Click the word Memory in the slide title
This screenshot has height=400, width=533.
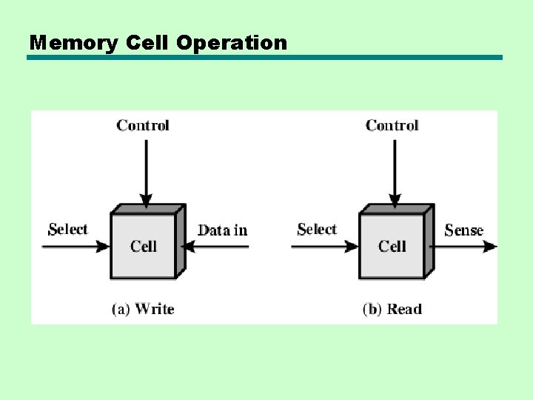[73, 43]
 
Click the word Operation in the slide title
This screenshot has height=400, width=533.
[232, 43]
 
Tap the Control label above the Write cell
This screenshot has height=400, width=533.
[143, 125]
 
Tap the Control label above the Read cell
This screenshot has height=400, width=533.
[392, 125]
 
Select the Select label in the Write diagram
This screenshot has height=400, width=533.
[67, 230]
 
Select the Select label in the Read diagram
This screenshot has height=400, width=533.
[317, 230]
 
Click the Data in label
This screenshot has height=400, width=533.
[223, 230]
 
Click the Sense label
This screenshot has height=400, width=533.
[464, 230]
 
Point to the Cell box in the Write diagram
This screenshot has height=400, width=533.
[144, 246]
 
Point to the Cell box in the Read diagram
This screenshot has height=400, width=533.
[392, 246]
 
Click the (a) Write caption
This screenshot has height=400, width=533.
[143, 309]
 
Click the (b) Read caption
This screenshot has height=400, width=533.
[392, 309]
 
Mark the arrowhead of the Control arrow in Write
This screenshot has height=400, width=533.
[147, 199]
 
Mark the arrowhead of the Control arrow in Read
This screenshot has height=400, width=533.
[395, 199]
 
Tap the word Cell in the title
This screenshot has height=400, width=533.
[146, 43]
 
